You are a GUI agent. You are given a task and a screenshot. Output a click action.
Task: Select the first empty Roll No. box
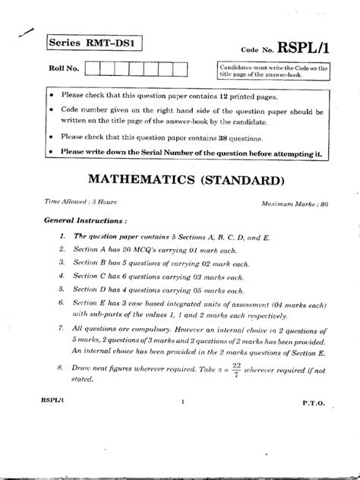click(93, 70)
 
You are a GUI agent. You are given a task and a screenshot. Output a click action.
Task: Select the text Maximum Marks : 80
click(293, 205)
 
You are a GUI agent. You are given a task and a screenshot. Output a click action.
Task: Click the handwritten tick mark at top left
click(28, 30)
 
